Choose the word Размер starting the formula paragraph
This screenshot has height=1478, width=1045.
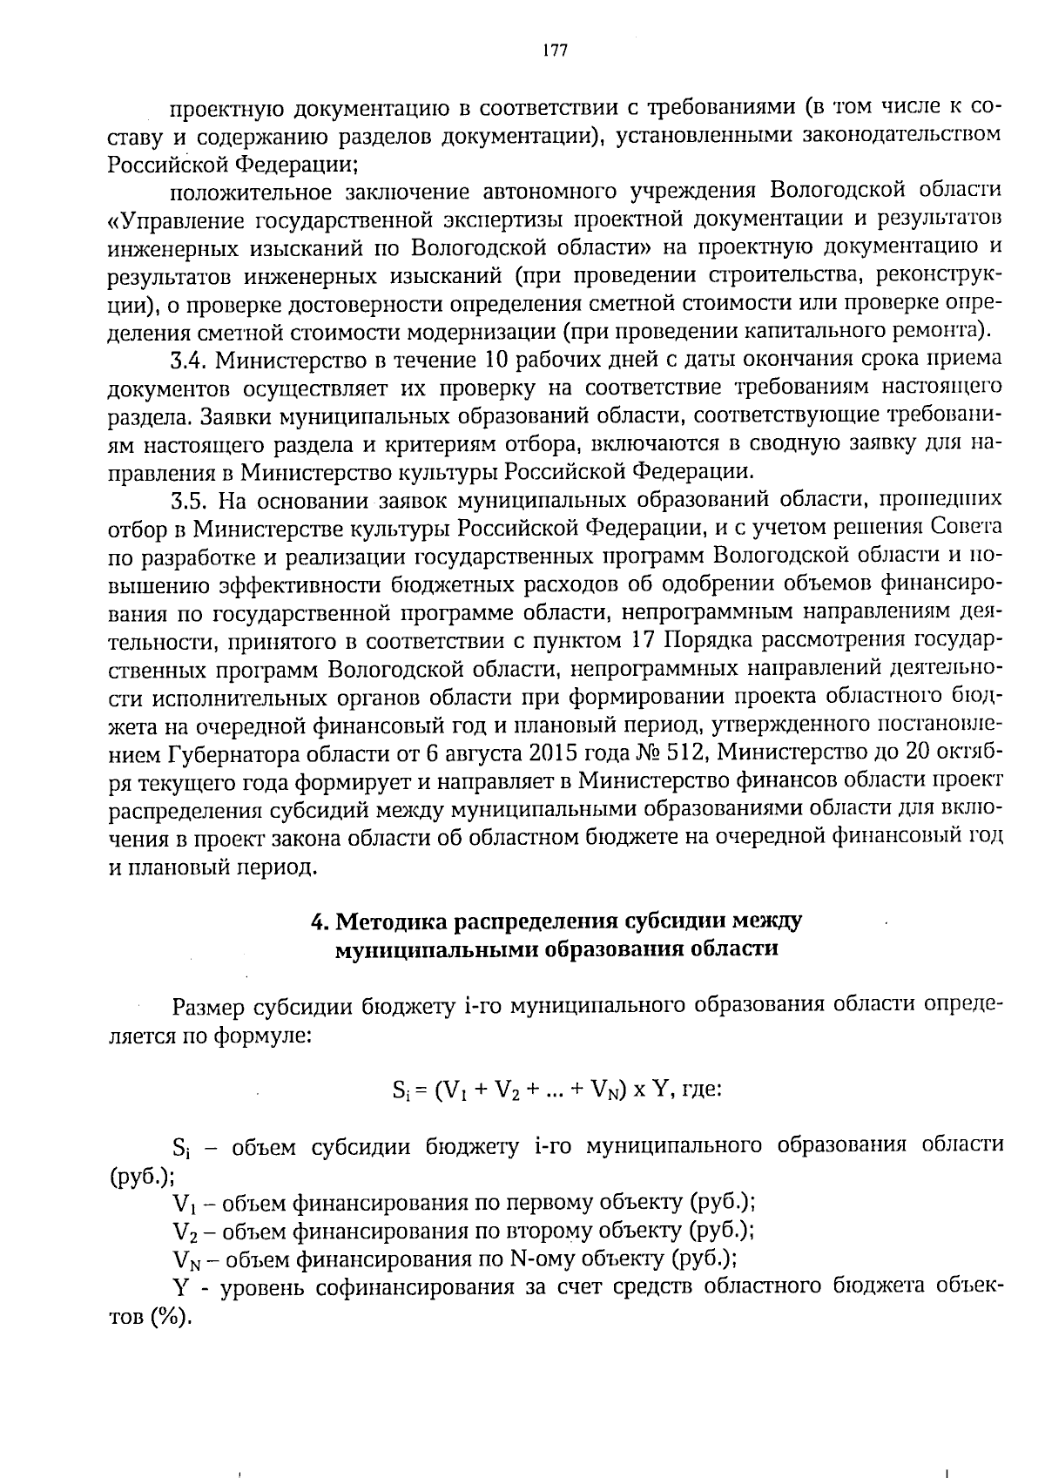[x=209, y=1008]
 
